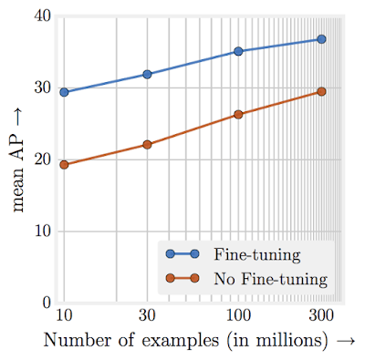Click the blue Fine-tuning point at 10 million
(x=64, y=92)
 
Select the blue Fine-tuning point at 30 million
(x=147, y=74)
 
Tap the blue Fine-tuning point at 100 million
(x=238, y=51)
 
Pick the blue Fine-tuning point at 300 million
(x=321, y=39)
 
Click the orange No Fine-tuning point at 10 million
(x=64, y=165)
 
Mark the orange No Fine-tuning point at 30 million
(x=147, y=144)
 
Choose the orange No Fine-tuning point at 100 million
(x=238, y=115)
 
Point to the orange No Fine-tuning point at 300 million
(x=321, y=91)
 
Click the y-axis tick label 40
(x=40, y=17)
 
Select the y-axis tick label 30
(x=40, y=88)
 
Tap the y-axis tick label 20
(x=40, y=159)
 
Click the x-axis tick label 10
(x=63, y=316)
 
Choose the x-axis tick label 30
(x=147, y=316)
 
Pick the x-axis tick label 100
(x=238, y=316)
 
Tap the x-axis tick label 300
(x=321, y=316)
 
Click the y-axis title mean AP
(x=19, y=159)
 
